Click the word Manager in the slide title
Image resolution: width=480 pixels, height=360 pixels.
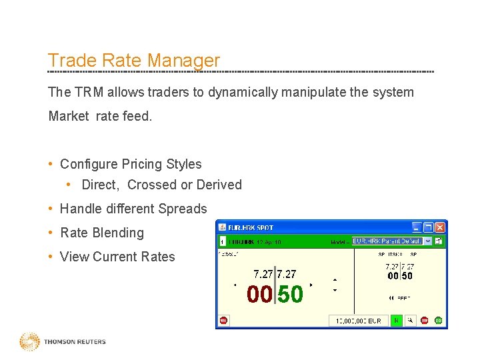183,61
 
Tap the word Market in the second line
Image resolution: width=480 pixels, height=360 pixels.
68,116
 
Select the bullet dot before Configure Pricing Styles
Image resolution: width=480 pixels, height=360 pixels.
51,164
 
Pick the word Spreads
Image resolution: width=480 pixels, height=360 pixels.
181,209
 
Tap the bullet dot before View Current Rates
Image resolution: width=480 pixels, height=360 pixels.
51,257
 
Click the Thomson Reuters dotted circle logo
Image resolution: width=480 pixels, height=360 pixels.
29,342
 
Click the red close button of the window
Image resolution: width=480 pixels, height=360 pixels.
439,227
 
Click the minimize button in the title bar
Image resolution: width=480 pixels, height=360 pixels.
417,227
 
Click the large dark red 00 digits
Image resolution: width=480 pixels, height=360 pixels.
259,294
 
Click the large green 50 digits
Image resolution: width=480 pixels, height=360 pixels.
290,294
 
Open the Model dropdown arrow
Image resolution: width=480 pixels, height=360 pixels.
428,241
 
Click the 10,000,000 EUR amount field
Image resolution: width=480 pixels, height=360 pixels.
358,321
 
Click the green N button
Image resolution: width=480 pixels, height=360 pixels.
396,321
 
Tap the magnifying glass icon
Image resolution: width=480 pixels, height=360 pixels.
410,321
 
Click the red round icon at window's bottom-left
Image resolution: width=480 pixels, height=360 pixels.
223,321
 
